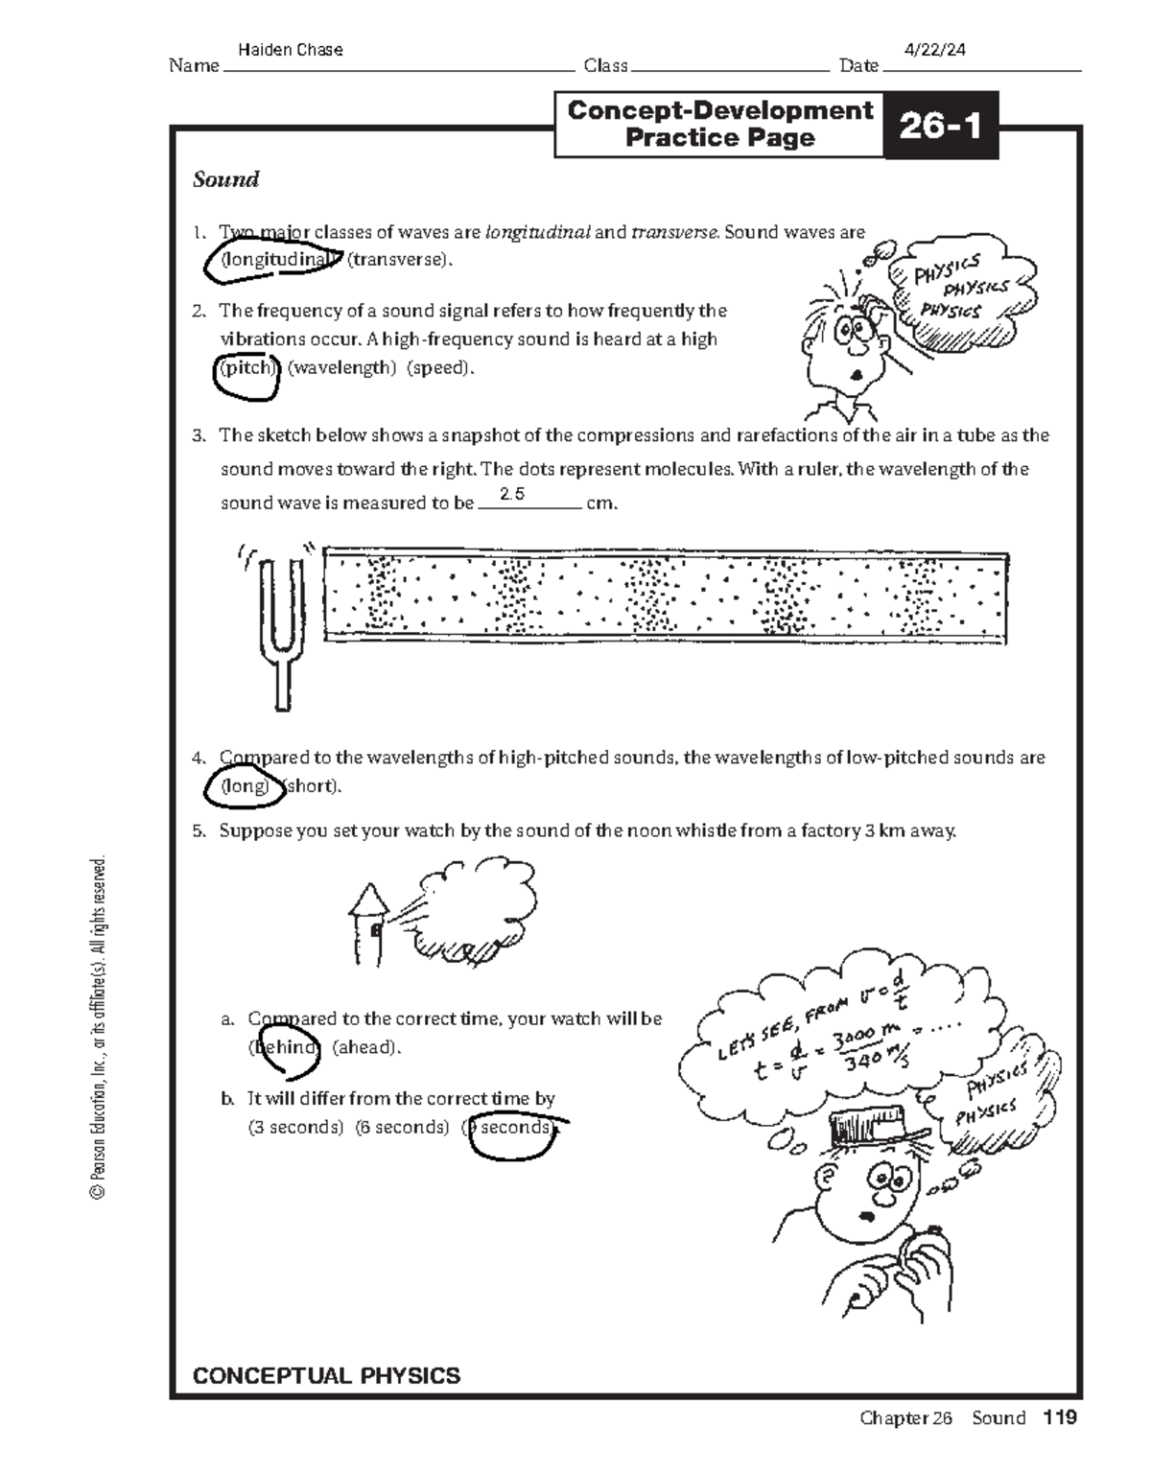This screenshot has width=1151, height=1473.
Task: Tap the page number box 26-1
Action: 940,126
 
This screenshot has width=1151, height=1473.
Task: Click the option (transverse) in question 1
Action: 398,259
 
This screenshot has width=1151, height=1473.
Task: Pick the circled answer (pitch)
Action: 247,367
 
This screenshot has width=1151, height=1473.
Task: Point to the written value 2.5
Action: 513,495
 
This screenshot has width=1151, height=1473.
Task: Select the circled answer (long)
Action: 245,785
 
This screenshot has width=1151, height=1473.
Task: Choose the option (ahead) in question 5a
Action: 365,1047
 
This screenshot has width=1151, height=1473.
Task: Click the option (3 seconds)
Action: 294,1127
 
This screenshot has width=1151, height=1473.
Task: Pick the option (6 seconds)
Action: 401,1127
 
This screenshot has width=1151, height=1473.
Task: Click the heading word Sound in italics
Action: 226,179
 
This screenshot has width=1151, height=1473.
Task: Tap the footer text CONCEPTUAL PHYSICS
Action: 326,1376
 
